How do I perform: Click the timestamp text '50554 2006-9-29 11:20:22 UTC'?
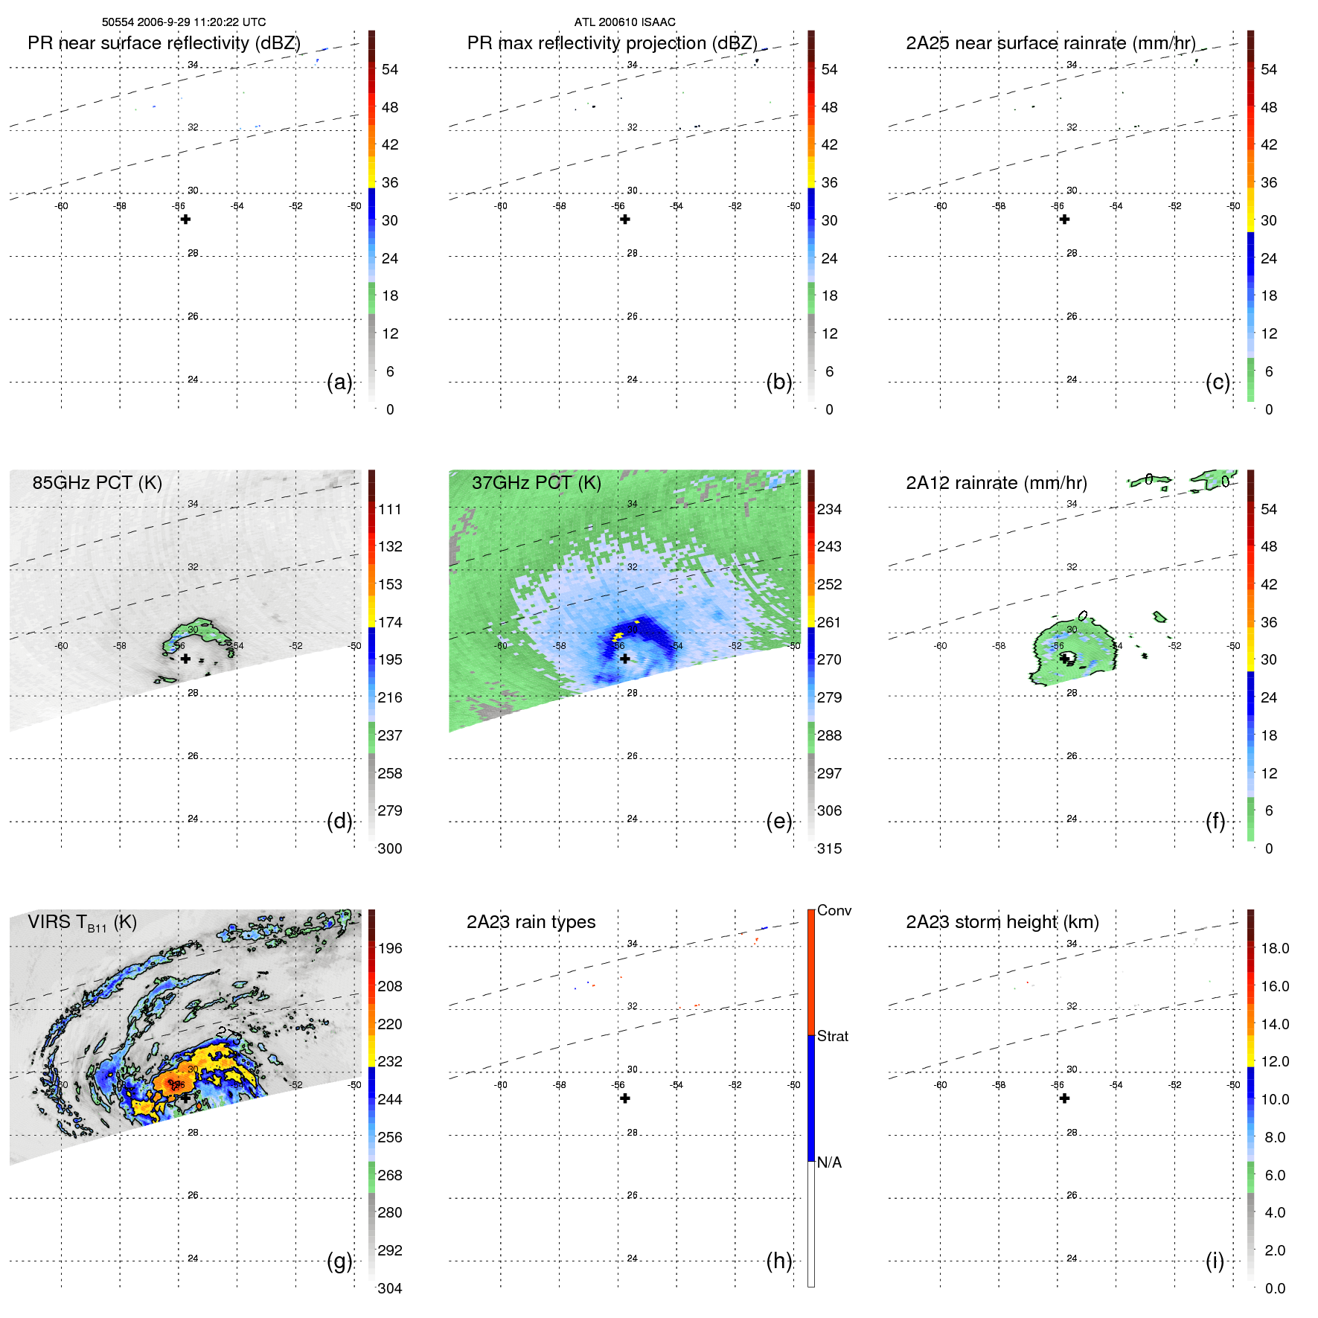pos(183,22)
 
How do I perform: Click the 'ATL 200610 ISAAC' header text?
pos(624,22)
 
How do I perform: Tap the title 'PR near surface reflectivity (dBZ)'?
pos(164,43)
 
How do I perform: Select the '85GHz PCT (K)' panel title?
pos(97,483)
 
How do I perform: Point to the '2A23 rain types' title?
pos(531,922)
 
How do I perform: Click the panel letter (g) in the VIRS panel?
pos(339,1261)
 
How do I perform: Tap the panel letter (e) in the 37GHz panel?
pos(778,822)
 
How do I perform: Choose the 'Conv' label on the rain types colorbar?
pos(834,910)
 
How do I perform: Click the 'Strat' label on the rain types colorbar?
pos(832,1036)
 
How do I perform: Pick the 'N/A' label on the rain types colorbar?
pos(829,1162)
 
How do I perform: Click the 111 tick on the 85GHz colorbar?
pos(389,509)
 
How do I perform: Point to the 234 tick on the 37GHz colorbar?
pos(829,509)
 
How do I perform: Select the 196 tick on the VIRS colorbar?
pos(389,948)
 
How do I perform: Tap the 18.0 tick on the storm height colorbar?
pos(1274,948)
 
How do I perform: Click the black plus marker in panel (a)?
pos(185,220)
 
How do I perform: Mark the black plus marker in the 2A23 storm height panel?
pos(1064,1098)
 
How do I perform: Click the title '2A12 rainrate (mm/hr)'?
pos(996,483)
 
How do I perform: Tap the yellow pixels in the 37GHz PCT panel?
pos(618,636)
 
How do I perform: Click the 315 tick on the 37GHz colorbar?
pos(829,848)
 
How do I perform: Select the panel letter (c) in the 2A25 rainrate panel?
pos(1218,383)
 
